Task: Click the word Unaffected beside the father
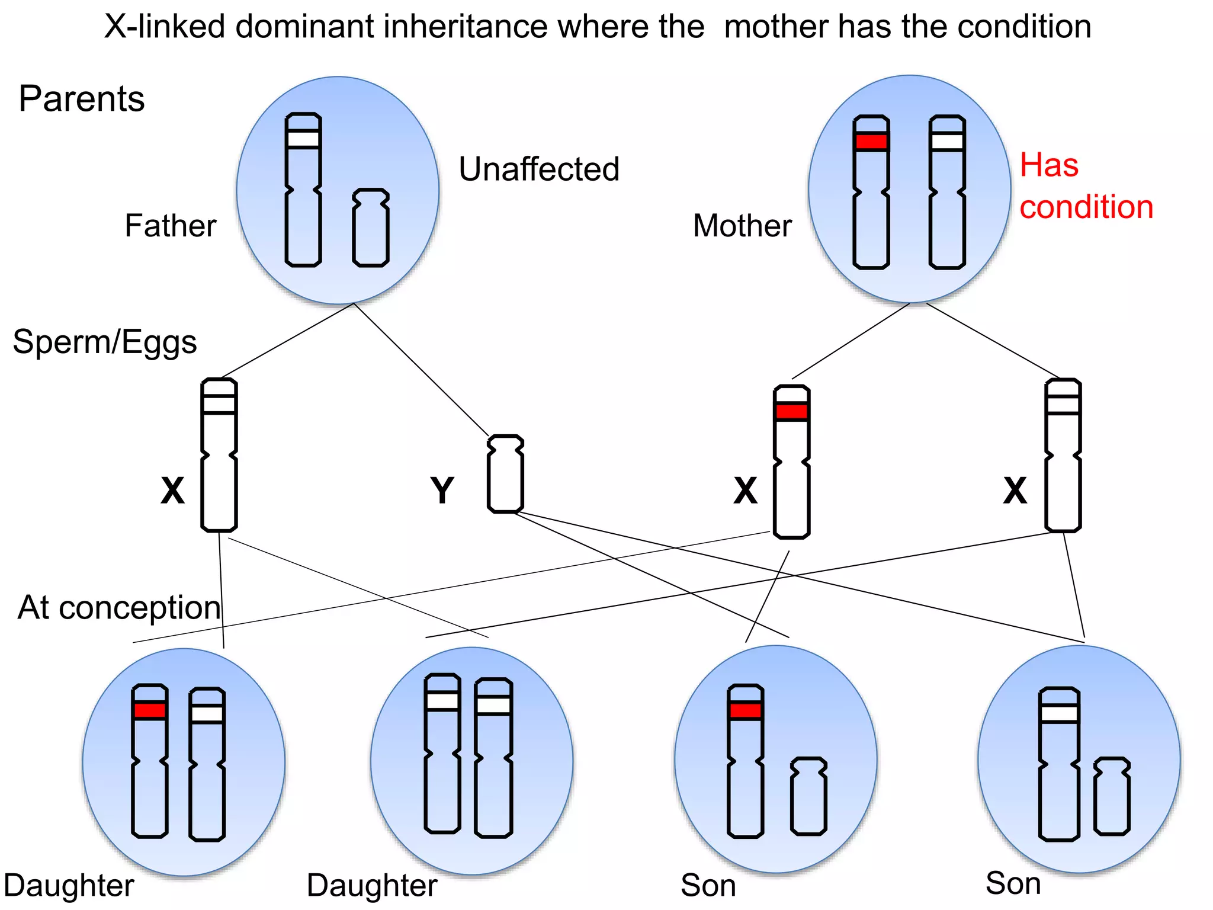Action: [x=538, y=169]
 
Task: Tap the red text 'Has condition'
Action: [x=1085, y=186]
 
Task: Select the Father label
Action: [x=171, y=226]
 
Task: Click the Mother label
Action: [x=742, y=226]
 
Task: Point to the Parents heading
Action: [x=81, y=98]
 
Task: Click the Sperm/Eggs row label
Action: [x=105, y=342]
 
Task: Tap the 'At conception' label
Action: [x=119, y=608]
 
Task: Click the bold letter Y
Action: [x=442, y=491]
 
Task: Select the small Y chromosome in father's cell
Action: [x=371, y=227]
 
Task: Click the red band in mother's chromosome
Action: [x=871, y=142]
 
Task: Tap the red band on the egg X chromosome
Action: [x=792, y=411]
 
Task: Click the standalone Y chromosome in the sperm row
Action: [x=505, y=474]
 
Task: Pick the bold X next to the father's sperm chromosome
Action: [x=172, y=491]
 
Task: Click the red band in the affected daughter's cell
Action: [x=150, y=710]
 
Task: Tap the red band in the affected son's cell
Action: [x=745, y=710]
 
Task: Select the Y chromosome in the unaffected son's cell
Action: [x=1112, y=796]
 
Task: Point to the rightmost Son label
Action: [x=1013, y=883]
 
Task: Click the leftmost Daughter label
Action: [x=69, y=886]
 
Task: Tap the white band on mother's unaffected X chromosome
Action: [x=947, y=142]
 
